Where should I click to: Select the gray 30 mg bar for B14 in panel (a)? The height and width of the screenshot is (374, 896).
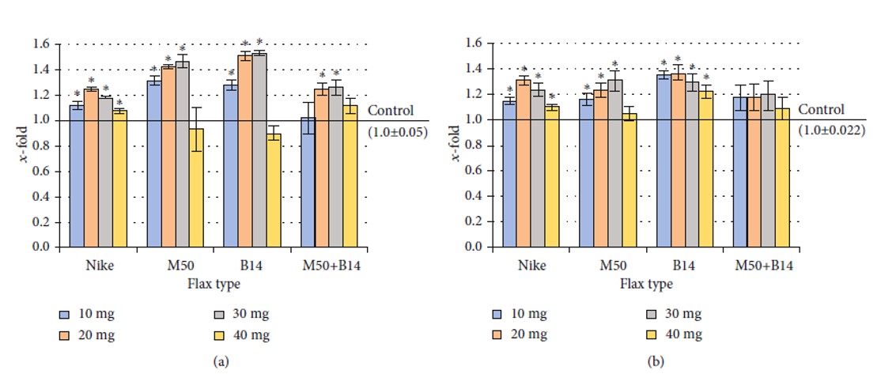(259, 150)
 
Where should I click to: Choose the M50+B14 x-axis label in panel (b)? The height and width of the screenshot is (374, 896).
(762, 265)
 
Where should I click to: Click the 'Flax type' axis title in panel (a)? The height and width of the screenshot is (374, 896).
(214, 283)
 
